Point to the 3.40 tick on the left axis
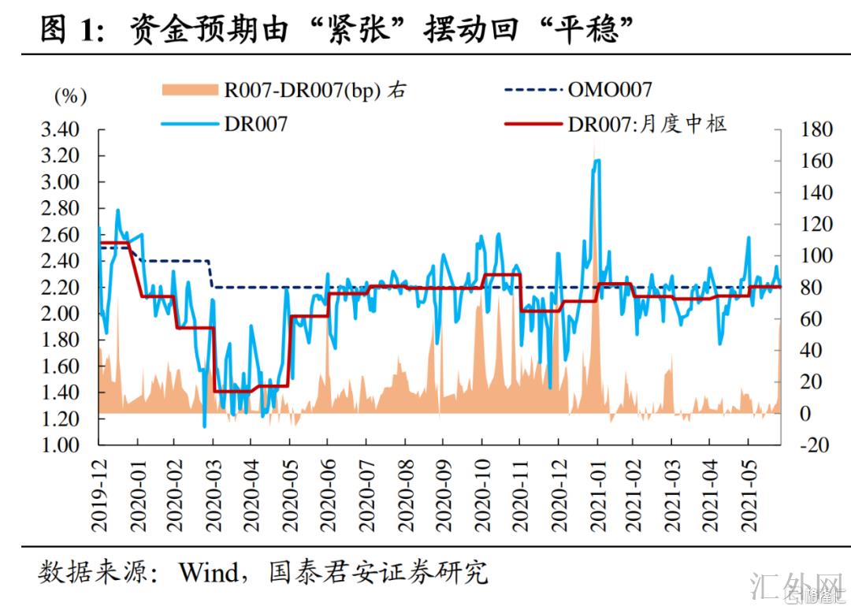point(61,130)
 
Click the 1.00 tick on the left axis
point(61,445)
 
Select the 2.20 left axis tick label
point(61,288)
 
